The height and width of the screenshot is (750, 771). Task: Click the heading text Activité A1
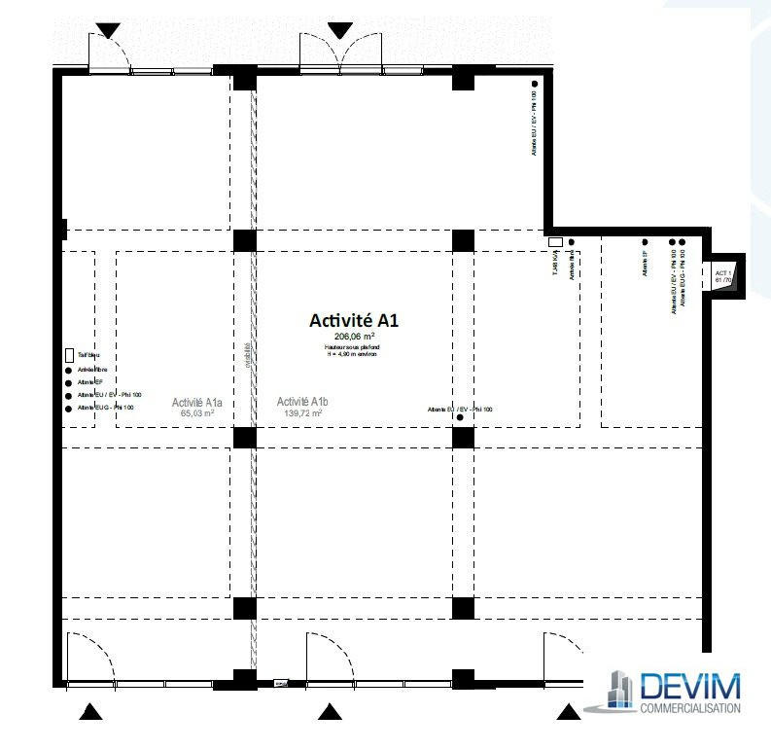point(353,319)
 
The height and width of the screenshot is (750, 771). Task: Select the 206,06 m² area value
point(353,337)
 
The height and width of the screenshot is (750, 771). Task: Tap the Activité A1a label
point(197,403)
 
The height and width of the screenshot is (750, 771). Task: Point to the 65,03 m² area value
point(197,413)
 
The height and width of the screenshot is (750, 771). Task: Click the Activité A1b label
point(302,402)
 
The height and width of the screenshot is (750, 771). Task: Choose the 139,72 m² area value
point(302,413)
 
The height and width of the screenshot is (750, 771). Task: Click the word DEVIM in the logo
point(690,687)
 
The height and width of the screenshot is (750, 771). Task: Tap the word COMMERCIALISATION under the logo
point(690,708)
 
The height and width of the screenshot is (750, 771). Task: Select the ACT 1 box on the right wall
point(724,277)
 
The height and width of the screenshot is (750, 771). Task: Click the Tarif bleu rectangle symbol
point(69,356)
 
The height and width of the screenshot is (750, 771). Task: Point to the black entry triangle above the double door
point(339,30)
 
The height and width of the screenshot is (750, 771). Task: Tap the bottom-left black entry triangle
point(90,713)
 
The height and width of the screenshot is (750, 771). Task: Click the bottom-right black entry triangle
point(568,713)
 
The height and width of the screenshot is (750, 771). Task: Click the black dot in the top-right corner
point(535,85)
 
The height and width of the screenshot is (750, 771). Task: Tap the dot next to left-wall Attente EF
point(68,383)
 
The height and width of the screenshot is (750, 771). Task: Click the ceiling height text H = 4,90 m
point(353,355)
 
